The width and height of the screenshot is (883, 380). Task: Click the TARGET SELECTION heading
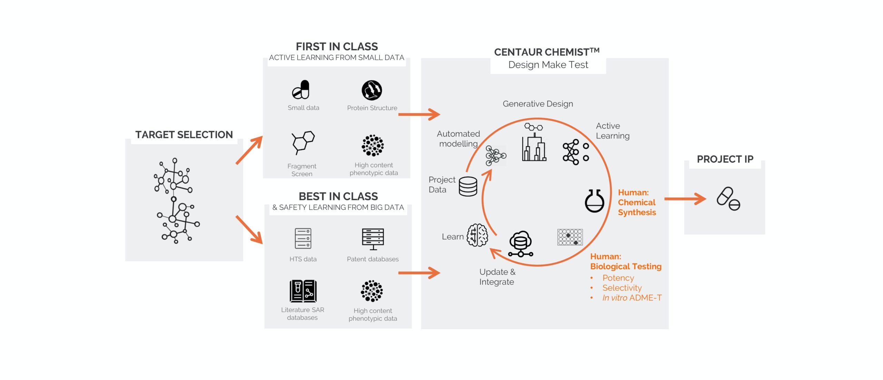(184, 134)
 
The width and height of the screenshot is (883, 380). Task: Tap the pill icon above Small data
(301, 90)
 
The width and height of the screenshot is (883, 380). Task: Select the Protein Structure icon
(371, 90)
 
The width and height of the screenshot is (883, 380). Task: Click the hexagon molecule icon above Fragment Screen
(303, 142)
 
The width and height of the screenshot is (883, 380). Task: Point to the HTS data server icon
(303, 238)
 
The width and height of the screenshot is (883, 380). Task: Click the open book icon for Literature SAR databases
(303, 291)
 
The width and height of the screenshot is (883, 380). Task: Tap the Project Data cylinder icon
(468, 187)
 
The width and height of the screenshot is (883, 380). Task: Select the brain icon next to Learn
(477, 235)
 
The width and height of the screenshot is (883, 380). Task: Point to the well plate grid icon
(570, 237)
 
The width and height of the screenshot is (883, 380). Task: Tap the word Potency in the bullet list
(618, 278)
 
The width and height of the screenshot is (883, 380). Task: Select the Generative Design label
(538, 104)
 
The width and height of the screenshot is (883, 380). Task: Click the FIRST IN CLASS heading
(337, 47)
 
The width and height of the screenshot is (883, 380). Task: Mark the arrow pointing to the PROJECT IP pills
(685, 199)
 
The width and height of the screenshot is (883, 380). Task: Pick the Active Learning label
(613, 131)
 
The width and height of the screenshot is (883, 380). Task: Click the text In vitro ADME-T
(632, 298)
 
